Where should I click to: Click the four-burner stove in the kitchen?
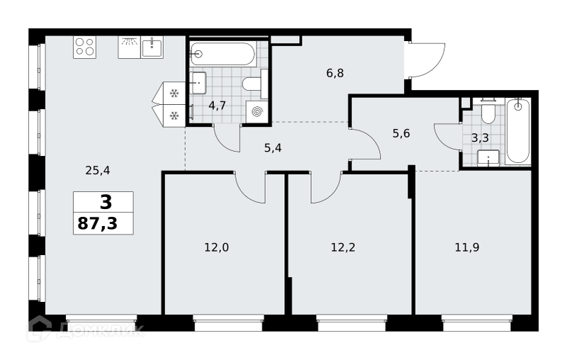point(84,47)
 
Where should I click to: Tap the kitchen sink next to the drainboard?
point(152,47)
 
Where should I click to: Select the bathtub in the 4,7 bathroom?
point(223,55)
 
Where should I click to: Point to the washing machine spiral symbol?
point(257,112)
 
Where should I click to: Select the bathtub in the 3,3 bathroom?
point(518,132)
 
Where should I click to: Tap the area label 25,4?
point(98,170)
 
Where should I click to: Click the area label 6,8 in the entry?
point(335,74)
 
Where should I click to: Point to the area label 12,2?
point(343,247)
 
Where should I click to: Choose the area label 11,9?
point(467,247)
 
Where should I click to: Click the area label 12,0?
point(217,247)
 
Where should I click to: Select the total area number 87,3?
point(98,224)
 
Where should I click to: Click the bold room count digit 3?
point(106,203)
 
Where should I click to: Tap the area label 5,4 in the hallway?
point(273,148)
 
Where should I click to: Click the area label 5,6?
point(401,134)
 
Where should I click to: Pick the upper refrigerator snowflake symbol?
point(174,94)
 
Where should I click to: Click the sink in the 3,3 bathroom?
point(488,158)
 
